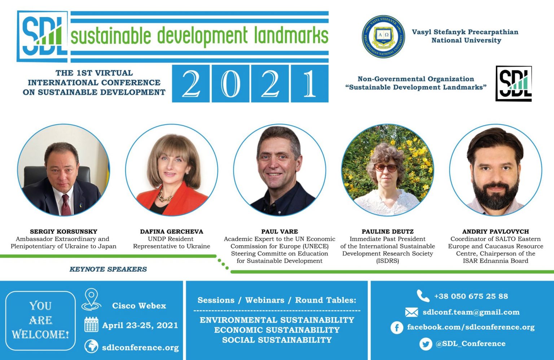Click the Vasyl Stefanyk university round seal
(x=383, y=37)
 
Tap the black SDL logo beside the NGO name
(x=514, y=84)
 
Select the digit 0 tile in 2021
(x=230, y=84)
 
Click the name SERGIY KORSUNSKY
(x=63, y=232)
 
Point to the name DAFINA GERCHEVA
(x=172, y=232)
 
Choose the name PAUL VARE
(x=280, y=232)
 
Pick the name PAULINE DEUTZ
(x=388, y=232)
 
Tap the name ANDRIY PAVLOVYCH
(x=496, y=232)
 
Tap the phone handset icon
(x=423, y=296)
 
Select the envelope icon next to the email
(x=412, y=312)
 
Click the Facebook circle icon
(x=397, y=328)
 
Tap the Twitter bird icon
(x=426, y=344)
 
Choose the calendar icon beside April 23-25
(x=91, y=324)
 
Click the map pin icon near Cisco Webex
(x=91, y=299)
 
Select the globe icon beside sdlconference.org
(x=91, y=346)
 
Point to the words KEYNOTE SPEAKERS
(x=108, y=269)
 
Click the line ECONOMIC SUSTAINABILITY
(x=277, y=330)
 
